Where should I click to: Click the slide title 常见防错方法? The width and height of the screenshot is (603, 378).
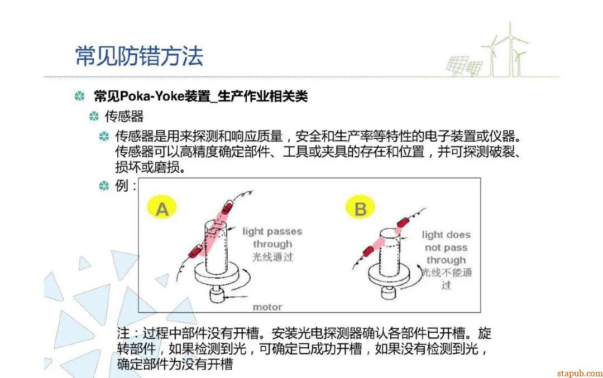(x=139, y=56)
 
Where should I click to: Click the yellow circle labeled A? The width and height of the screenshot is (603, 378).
(x=162, y=208)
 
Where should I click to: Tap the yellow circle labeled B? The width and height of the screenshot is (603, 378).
(x=360, y=208)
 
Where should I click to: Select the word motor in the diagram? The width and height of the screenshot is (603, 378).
(x=267, y=307)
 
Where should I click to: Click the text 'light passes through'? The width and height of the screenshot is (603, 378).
(x=272, y=238)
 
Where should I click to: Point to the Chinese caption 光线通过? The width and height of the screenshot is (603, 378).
(x=272, y=256)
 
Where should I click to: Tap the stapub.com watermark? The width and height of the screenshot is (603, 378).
(x=580, y=373)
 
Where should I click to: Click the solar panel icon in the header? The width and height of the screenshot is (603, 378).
(x=465, y=65)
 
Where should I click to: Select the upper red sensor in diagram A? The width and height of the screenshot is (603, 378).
(x=227, y=207)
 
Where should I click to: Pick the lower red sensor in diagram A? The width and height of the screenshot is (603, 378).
(x=197, y=252)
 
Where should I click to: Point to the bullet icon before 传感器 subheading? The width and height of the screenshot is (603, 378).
(x=94, y=116)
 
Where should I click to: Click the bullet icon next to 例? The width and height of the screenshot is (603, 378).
(x=104, y=186)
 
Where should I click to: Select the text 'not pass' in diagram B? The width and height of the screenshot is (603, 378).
(x=446, y=248)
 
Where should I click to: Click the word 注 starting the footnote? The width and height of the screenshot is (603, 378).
(x=123, y=333)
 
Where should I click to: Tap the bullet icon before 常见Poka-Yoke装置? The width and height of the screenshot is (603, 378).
(x=79, y=96)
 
